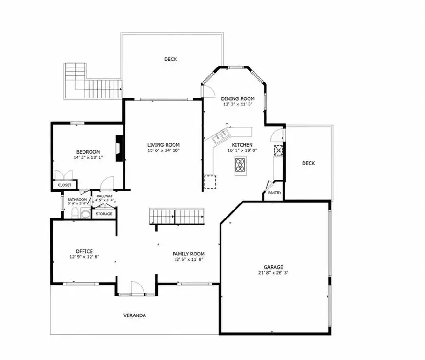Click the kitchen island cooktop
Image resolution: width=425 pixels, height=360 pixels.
pyautogui.click(x=241, y=165)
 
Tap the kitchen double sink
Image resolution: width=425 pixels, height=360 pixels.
pyautogui.click(x=221, y=135)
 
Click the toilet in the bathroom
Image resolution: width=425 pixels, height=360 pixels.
pyautogui.click(x=75, y=213)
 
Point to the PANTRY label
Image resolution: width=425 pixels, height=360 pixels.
pyautogui.click(x=274, y=193)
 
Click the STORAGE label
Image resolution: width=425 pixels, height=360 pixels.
pyautogui.click(x=104, y=214)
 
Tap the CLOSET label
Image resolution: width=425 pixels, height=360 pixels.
pyautogui.click(x=65, y=185)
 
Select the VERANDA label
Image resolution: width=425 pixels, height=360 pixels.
pyautogui.click(x=135, y=315)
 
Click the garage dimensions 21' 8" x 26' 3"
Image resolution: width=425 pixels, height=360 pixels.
pyautogui.click(x=273, y=273)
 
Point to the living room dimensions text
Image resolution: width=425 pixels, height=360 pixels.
pyautogui.click(x=163, y=150)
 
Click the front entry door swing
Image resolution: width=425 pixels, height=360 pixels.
pyautogui.click(x=137, y=288)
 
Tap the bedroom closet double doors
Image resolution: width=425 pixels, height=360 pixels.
pyautogui.click(x=64, y=175)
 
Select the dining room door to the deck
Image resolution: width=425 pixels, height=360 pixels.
pyautogui.click(x=208, y=91)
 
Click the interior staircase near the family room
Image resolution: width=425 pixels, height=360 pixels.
pyautogui.click(x=176, y=216)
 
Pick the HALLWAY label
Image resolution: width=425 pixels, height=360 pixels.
pyautogui.click(x=104, y=196)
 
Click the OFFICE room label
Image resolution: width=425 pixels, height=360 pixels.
pyautogui.click(x=84, y=251)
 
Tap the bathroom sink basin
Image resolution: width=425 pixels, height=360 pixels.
pyautogui.click(x=86, y=213)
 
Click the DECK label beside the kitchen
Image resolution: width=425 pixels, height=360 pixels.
pyautogui.click(x=309, y=163)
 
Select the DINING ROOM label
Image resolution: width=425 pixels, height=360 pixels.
pyautogui.click(x=238, y=98)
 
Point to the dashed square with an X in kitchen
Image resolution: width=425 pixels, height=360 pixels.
pyautogui.click(x=278, y=150)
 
